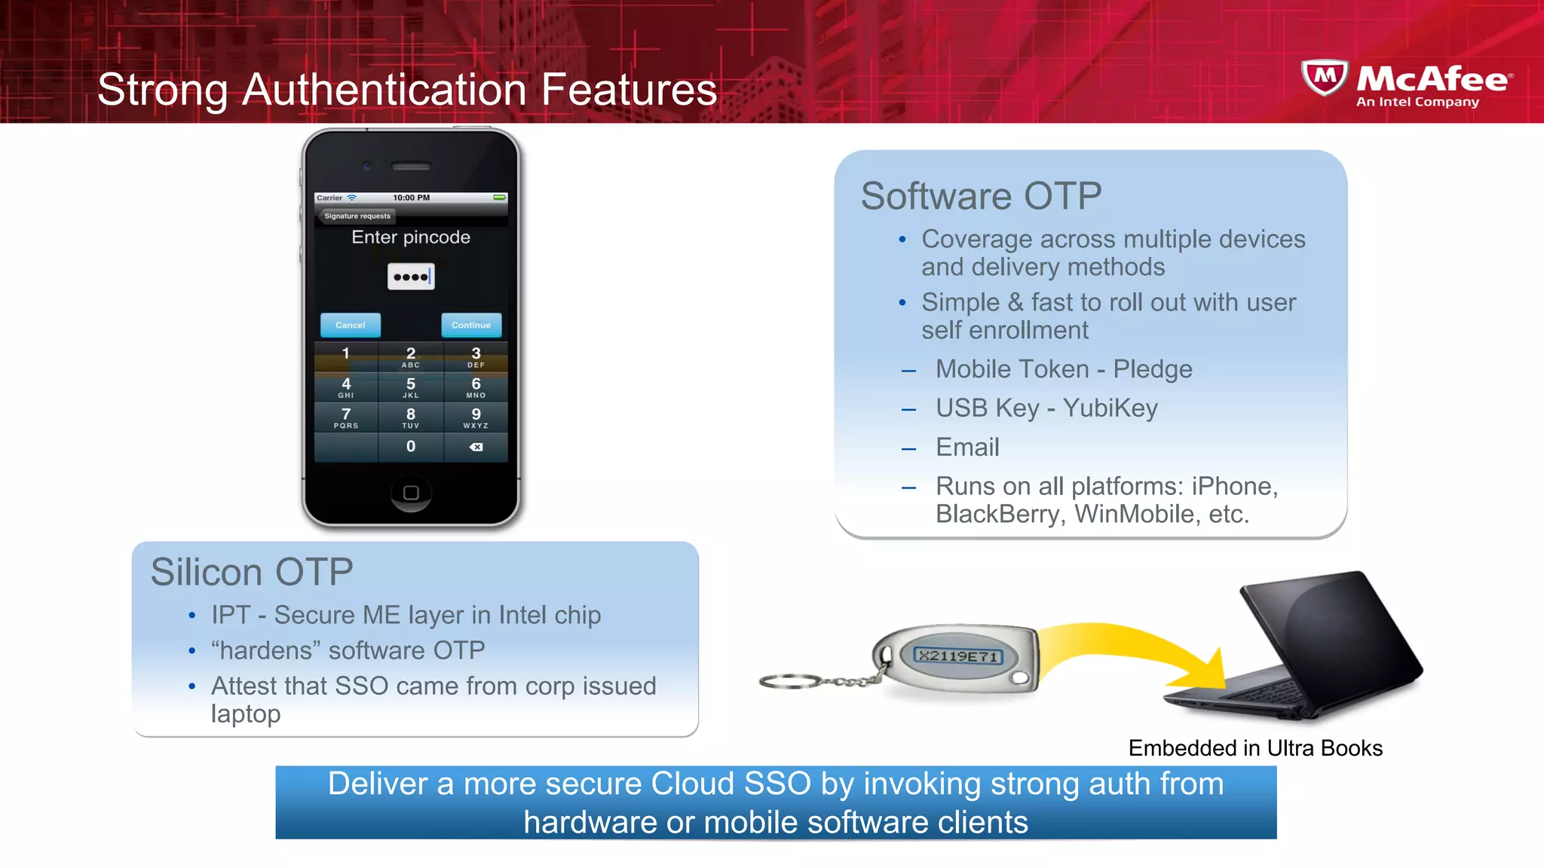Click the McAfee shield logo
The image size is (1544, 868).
[1325, 78]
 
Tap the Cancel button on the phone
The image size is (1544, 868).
[350, 325]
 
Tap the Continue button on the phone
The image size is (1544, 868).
[471, 325]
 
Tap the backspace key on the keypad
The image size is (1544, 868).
[476, 447]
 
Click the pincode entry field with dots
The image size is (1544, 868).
[411, 277]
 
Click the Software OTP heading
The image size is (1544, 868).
[981, 196]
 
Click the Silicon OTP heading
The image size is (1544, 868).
[252, 572]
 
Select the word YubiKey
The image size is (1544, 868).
[1110, 408]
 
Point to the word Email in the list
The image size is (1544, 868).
[967, 447]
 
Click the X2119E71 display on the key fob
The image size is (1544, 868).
[959, 656]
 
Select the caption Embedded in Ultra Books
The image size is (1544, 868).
[1255, 748]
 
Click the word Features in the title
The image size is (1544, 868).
[629, 90]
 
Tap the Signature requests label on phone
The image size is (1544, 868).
[357, 216]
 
